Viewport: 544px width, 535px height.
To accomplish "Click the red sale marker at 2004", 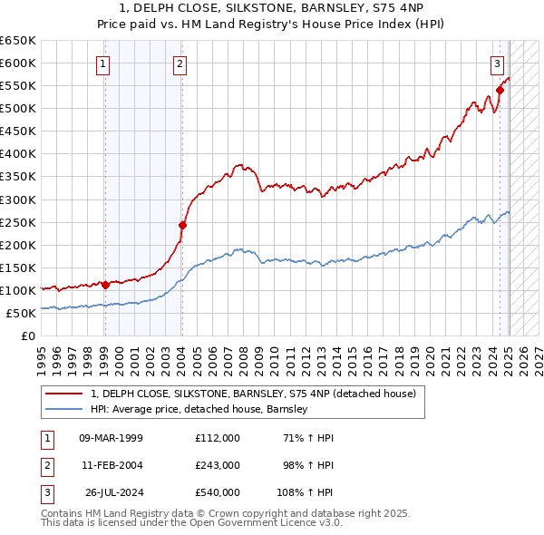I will tap(182, 225).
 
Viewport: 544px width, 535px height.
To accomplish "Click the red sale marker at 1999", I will tap(105, 285).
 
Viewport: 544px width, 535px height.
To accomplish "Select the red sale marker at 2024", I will tap(500, 90).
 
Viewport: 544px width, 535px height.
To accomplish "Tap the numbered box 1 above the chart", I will tap(104, 63).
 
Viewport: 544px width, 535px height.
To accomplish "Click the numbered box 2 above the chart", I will tap(181, 63).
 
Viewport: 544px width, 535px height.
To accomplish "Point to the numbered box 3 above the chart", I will tap(498, 63).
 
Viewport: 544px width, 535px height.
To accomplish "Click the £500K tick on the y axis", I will tap(18, 109).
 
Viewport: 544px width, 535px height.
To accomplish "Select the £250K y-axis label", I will tap(18, 222).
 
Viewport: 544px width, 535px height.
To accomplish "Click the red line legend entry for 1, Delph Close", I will tap(253, 394).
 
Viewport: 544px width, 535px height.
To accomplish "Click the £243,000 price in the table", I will tap(218, 464).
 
